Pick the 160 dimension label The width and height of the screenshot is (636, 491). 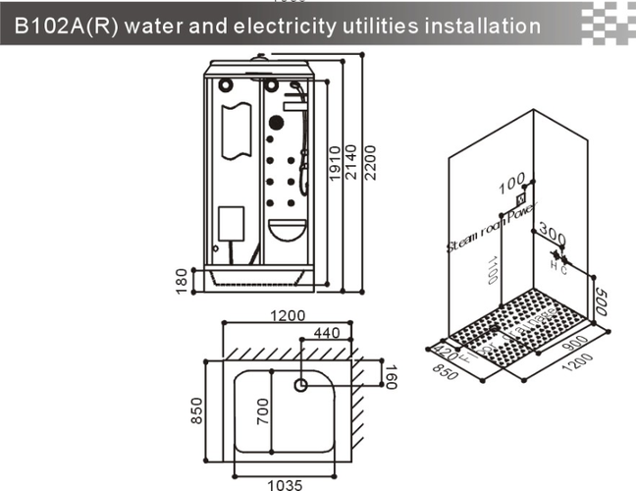pos(389,375)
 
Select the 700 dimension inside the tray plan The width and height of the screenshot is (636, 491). pos(262,406)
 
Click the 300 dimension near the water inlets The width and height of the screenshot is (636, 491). pos(553,238)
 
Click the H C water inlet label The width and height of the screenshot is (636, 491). pos(557,266)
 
